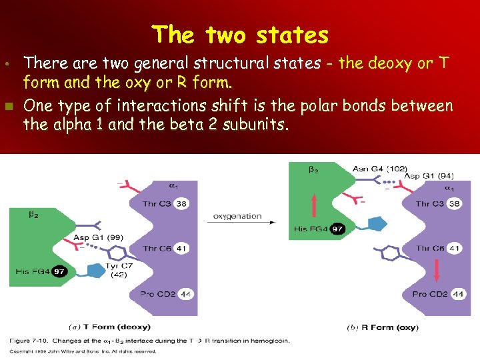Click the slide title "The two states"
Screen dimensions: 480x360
[x=240, y=34]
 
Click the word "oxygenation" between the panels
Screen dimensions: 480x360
[x=237, y=216]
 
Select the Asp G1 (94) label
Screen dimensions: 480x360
[x=429, y=176]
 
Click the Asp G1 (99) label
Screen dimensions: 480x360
[x=98, y=238]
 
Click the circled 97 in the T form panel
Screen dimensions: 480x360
[x=59, y=271]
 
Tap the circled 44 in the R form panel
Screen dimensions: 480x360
[x=457, y=294]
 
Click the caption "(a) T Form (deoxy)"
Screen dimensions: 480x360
[x=110, y=327]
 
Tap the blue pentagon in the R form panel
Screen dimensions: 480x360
[x=378, y=223]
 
